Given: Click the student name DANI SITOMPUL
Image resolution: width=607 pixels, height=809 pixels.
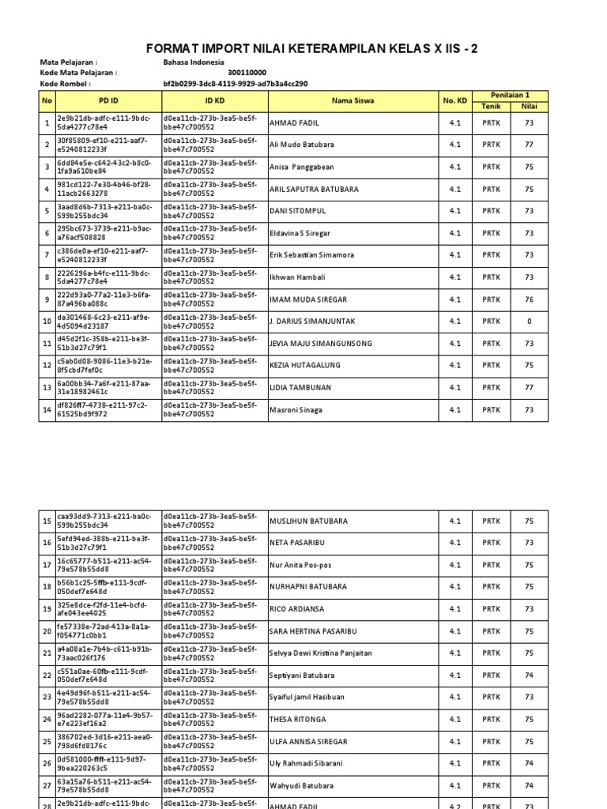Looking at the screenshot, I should point(297,212).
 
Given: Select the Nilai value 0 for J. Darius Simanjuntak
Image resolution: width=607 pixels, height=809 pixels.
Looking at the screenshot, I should point(529,322).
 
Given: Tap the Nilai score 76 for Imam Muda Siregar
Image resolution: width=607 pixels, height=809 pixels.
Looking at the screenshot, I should point(529,299).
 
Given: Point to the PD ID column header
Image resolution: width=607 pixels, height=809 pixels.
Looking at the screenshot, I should point(108,101).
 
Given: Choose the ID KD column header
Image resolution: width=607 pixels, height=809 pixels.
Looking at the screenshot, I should point(214,101).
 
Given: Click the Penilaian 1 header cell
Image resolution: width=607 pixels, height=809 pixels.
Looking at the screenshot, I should point(510,95).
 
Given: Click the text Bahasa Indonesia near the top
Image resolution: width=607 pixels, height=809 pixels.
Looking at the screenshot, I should point(194,62).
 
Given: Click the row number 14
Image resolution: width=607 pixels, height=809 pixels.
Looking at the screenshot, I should point(47,410).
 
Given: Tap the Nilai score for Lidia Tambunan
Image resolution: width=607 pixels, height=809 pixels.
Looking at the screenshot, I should point(529,388).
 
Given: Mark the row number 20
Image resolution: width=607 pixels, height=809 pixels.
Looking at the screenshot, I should point(47,631).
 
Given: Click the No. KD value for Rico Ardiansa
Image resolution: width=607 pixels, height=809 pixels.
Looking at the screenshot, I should point(454,609).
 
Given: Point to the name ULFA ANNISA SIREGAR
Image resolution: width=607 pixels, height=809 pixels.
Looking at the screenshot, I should point(309,742).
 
